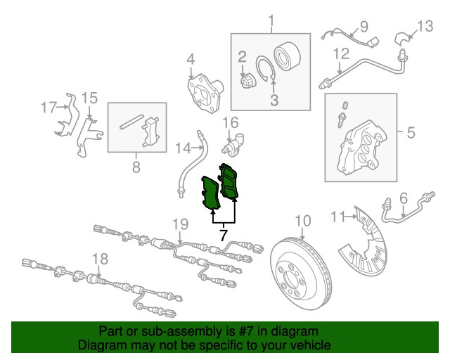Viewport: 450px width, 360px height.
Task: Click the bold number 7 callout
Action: click(x=224, y=235)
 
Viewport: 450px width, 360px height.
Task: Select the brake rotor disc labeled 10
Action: click(x=301, y=274)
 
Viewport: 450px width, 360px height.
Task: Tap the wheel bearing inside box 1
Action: click(x=287, y=56)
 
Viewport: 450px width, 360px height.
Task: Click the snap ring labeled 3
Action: click(x=266, y=69)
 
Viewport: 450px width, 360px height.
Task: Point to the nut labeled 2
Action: click(x=246, y=80)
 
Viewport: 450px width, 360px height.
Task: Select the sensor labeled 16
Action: click(x=233, y=145)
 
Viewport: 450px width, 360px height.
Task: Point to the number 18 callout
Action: click(x=100, y=259)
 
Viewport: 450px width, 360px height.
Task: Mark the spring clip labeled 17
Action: click(x=67, y=115)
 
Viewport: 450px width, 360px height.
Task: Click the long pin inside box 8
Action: click(x=131, y=122)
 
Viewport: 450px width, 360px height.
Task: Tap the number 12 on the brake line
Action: click(x=341, y=54)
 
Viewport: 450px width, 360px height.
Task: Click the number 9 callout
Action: click(x=364, y=27)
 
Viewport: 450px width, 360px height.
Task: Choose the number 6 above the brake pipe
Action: click(x=403, y=199)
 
